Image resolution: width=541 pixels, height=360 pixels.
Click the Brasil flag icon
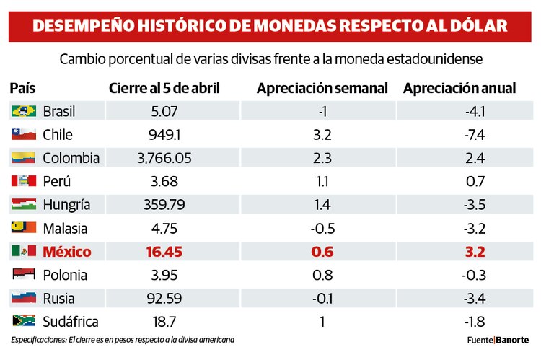pos(23,111)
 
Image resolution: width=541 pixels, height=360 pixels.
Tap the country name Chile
pos(58,135)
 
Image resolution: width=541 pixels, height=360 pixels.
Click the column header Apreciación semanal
pos(322,88)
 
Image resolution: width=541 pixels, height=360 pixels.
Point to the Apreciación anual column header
pos(459,88)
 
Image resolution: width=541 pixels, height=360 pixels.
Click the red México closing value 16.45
pos(164,252)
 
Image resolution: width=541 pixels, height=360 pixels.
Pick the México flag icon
pos(23,252)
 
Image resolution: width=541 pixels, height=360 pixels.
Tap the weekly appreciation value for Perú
pos(322,181)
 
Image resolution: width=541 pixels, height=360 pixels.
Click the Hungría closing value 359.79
pos(164,205)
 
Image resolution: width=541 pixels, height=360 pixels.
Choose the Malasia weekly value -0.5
pos(322,228)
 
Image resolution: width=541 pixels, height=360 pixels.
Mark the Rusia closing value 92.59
pos(164,299)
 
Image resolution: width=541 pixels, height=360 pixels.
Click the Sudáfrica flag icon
pos(23,322)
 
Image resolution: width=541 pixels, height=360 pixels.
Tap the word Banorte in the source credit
pos(512,340)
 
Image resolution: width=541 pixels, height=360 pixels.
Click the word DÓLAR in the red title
pos(475,26)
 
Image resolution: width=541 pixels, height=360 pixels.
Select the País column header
pos(22,88)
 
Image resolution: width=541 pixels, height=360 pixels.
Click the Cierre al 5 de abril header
pos(164,88)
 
